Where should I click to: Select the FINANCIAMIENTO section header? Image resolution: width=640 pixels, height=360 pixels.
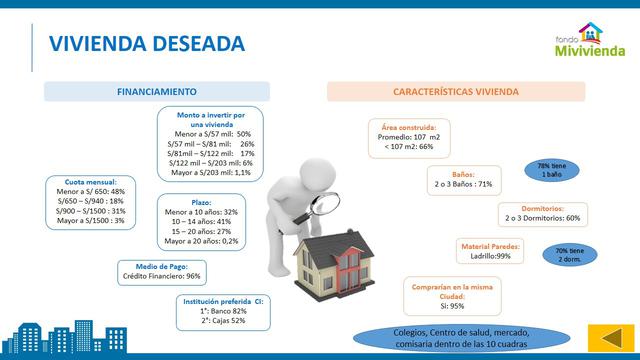156,91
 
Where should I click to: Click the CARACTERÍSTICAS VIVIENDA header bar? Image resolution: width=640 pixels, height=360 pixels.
454,91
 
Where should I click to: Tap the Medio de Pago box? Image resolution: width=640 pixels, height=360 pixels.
161,270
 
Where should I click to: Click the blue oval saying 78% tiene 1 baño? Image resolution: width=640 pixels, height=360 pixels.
553,169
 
